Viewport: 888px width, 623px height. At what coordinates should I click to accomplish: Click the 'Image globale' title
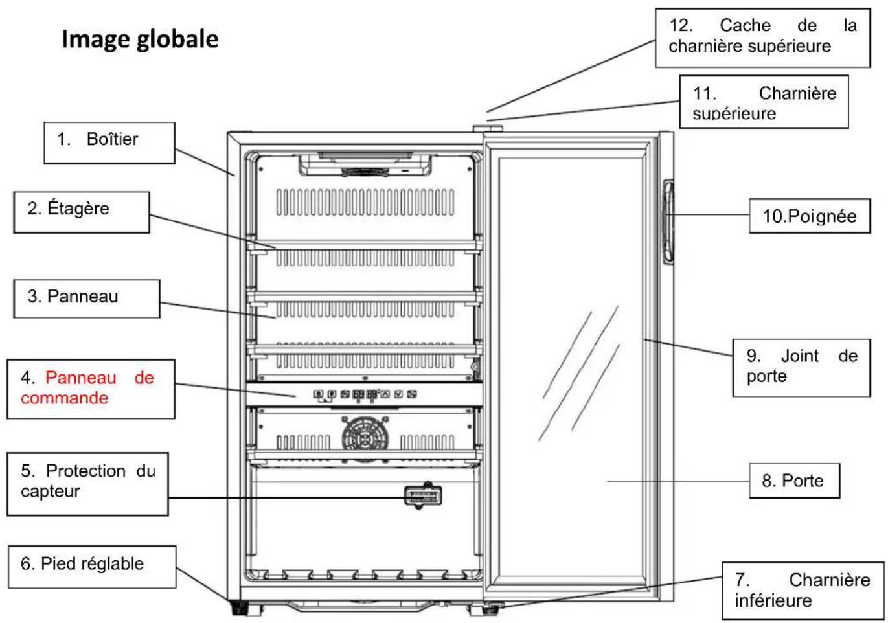click(x=140, y=40)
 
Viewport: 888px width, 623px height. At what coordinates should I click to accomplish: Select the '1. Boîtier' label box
click(x=109, y=142)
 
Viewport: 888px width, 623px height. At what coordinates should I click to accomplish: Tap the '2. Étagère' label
click(x=82, y=212)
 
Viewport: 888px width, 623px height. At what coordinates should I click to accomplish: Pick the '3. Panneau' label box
click(x=87, y=299)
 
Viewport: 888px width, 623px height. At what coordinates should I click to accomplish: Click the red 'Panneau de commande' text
click(x=87, y=387)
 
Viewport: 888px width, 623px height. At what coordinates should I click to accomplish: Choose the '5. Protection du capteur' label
click(x=87, y=484)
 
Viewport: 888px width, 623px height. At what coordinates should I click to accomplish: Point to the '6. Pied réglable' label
click(x=92, y=567)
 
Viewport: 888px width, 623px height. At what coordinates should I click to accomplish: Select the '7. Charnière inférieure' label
click(x=803, y=591)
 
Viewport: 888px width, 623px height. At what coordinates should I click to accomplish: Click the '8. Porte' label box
click(x=794, y=481)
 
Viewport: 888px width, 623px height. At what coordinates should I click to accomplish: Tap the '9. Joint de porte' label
click(x=801, y=367)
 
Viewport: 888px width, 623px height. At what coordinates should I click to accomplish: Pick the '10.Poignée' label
click(x=810, y=216)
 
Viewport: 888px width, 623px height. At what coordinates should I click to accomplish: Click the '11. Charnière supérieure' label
click(x=764, y=102)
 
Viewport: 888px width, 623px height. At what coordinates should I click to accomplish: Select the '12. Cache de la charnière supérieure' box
click(x=763, y=38)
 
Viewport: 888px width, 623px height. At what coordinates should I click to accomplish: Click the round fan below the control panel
click(x=365, y=438)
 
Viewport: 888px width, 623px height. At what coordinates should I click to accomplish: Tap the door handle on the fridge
click(x=669, y=222)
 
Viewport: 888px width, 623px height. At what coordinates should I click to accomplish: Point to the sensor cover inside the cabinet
click(x=423, y=495)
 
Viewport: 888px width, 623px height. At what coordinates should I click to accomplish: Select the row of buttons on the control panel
click(x=365, y=394)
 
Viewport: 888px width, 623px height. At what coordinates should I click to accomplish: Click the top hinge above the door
click(x=488, y=129)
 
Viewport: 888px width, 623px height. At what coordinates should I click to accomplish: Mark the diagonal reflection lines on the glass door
click(x=579, y=373)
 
